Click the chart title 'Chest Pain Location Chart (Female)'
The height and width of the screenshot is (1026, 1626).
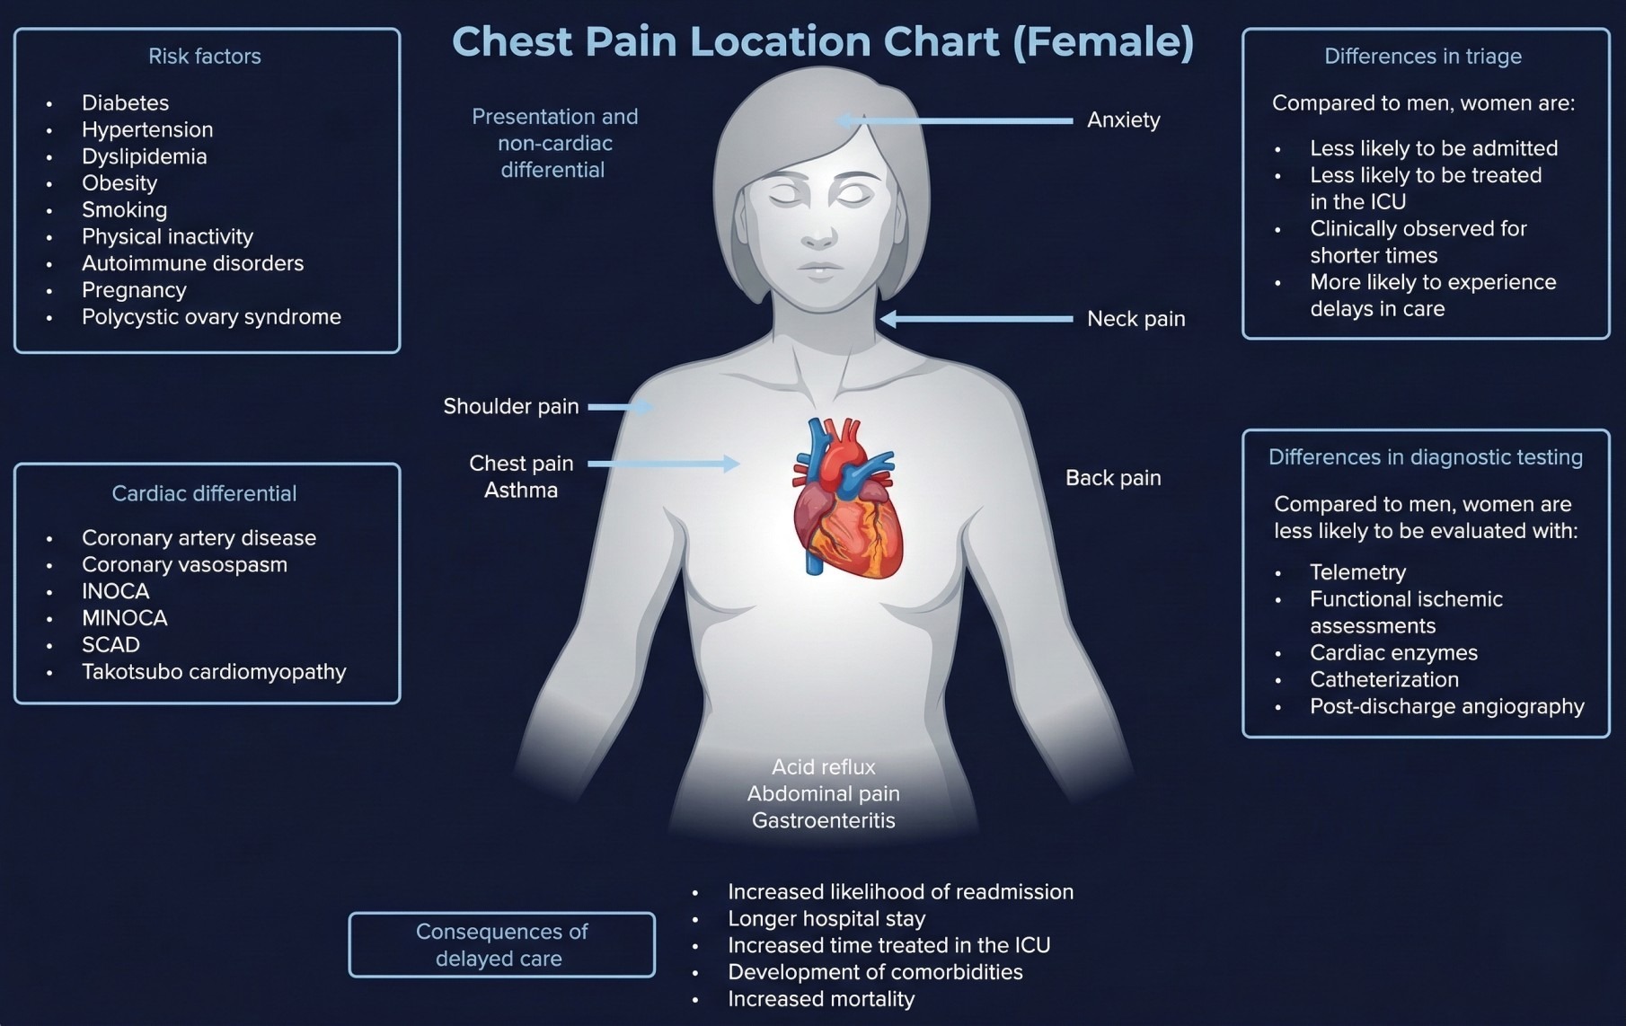point(823,42)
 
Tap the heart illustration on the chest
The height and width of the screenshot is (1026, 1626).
point(845,499)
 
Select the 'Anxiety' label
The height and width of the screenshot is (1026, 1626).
point(1123,120)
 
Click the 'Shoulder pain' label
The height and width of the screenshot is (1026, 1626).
point(510,407)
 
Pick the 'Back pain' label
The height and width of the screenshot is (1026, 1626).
point(1113,478)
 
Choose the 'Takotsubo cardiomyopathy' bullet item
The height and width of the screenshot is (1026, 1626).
point(214,672)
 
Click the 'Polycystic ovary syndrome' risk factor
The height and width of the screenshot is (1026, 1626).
point(211,317)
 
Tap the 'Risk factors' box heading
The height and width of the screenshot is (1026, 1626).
point(205,57)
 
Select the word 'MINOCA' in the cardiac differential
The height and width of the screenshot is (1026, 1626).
point(125,618)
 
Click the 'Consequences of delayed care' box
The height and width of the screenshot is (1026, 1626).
point(501,945)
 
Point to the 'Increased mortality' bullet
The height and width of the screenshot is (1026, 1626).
point(821,999)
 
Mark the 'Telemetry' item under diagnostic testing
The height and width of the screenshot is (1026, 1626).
point(1357,572)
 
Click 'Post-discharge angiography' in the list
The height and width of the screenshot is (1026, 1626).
point(1446,706)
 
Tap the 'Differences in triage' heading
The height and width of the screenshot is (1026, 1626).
point(1423,57)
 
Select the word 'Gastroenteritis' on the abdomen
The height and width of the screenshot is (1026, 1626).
point(823,820)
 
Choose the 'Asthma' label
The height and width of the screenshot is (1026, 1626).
point(521,491)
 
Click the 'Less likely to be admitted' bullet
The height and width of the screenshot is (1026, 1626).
point(1434,148)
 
